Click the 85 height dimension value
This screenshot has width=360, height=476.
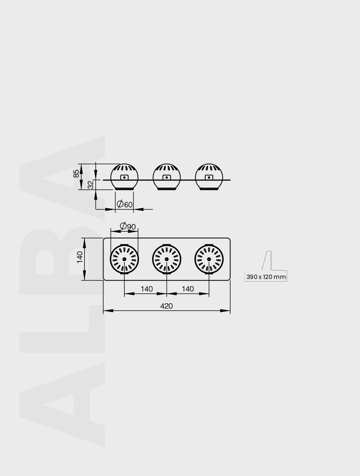pos(76,173)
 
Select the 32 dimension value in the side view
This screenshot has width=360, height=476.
pos(90,184)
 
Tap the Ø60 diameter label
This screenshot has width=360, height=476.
pos(125,204)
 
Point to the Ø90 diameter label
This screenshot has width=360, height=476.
pos(128,226)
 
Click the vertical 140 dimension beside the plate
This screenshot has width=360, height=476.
pos(80,258)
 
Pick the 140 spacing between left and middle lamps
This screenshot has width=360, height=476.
pos(147,289)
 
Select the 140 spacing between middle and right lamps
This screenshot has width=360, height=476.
pos(188,289)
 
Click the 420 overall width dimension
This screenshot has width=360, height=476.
pos(166,306)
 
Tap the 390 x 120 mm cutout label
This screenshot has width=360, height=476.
pos(266,277)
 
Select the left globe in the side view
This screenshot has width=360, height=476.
pos(125,176)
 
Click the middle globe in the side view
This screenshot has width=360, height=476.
pos(167,176)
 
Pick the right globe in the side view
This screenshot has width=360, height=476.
pos(209,176)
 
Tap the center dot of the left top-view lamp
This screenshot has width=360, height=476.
pos(125,259)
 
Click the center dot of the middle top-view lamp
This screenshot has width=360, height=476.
pos(167,259)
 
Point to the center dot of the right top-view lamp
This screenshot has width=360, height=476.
pos(209,259)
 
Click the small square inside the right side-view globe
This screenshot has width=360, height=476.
pos(209,177)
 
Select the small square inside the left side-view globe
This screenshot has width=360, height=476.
pos(125,177)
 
